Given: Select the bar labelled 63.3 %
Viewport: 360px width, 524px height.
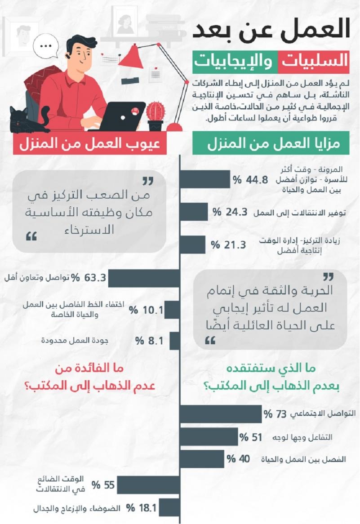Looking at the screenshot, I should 143,278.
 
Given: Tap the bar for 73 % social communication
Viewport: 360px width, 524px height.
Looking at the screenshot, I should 221,413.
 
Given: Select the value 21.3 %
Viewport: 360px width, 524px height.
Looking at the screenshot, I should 229,245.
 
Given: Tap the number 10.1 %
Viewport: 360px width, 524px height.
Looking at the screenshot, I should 146,310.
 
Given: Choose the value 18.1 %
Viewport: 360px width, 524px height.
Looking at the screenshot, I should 141,508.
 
